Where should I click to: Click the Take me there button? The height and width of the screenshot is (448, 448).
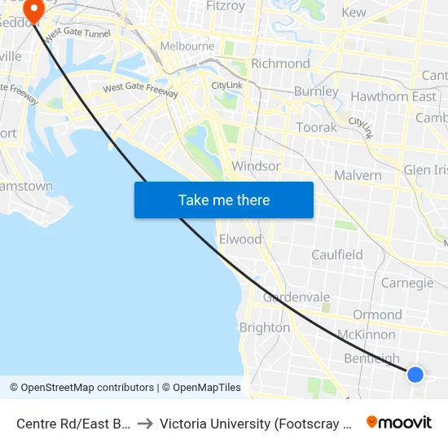click(x=224, y=200)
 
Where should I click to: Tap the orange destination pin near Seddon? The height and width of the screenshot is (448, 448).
click(x=34, y=11)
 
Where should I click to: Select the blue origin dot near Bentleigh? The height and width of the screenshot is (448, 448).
click(x=415, y=374)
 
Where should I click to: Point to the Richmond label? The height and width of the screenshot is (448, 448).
click(x=280, y=64)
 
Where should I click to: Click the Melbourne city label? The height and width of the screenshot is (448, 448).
click(x=187, y=46)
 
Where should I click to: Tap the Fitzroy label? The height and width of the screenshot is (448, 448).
click(x=226, y=7)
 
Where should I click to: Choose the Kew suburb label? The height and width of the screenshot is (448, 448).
click(x=354, y=12)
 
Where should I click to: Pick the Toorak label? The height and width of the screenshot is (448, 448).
click(x=316, y=128)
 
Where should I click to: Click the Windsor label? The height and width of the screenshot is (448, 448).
click(x=256, y=166)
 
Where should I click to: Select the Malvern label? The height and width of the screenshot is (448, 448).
click(x=358, y=175)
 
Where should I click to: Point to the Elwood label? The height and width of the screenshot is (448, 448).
click(x=240, y=239)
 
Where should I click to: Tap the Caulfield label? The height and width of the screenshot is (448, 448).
click(x=337, y=255)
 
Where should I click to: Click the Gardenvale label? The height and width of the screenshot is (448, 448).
click(x=296, y=297)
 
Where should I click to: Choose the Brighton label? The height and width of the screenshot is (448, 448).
click(x=264, y=327)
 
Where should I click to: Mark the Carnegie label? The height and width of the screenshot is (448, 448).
click(x=407, y=283)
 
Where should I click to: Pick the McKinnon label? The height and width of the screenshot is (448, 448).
click(x=366, y=335)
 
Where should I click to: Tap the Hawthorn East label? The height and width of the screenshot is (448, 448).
click(x=393, y=97)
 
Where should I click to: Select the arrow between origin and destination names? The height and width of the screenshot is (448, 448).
click(x=145, y=424)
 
